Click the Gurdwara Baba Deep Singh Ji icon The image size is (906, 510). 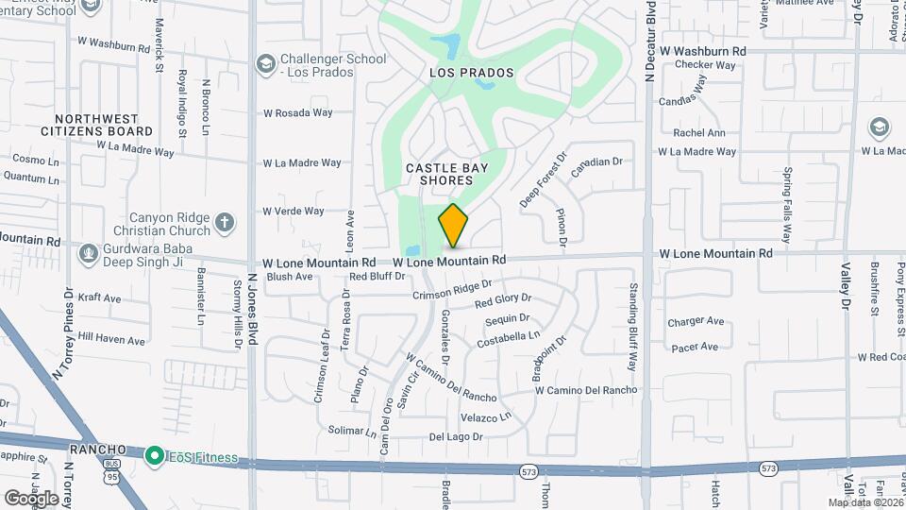(89, 253)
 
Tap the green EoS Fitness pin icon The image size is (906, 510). (153, 456)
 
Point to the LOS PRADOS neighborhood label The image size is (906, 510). (471, 73)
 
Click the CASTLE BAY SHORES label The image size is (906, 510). (447, 174)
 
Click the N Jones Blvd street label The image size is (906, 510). (252, 313)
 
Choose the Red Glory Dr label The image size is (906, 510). (503, 302)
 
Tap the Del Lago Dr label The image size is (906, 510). (456, 437)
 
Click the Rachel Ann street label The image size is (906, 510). (699, 133)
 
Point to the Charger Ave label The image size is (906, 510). (696, 322)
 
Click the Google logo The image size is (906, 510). (31, 498)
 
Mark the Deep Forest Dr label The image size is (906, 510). (544, 181)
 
